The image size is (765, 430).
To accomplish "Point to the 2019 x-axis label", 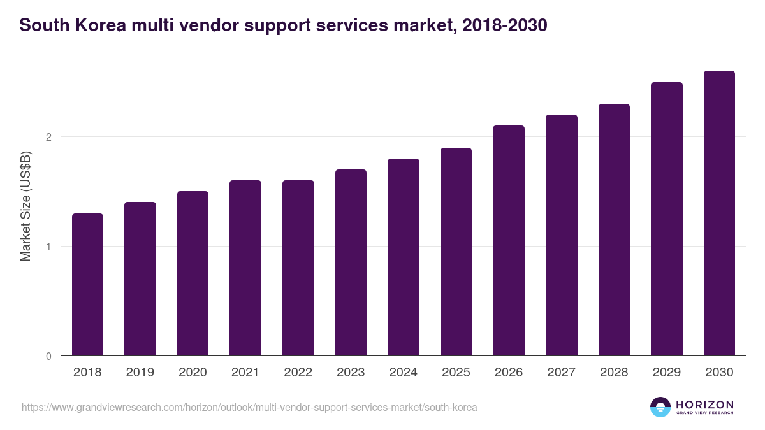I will click(140, 373).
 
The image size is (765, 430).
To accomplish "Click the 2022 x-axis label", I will click(298, 373).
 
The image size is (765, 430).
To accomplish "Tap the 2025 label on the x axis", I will click(456, 373).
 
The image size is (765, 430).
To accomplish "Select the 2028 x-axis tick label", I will click(614, 373).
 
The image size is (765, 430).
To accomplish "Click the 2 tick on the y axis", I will click(48, 137).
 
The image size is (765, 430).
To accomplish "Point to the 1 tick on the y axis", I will click(48, 247).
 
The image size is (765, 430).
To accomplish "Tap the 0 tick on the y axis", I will click(48, 356).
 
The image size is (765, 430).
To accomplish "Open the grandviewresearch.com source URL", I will click(249, 407).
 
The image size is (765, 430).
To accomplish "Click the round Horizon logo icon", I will click(660, 407).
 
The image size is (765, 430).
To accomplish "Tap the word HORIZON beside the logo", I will click(704, 404).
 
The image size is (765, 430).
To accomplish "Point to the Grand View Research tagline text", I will click(704, 413).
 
